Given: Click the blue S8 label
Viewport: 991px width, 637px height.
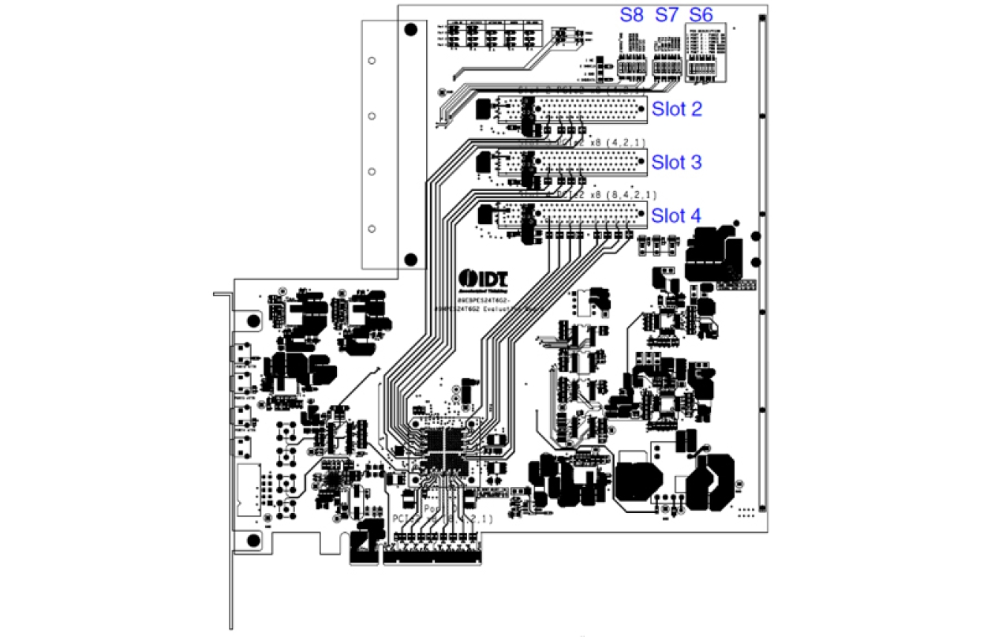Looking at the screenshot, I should point(631,15).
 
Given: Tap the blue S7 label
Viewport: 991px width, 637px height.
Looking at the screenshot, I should point(668,15).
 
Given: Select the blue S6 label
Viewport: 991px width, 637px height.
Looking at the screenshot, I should point(701,15).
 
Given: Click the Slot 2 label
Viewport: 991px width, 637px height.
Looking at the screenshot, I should point(676,109).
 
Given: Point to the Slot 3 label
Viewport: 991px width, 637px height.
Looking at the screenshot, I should point(676,163).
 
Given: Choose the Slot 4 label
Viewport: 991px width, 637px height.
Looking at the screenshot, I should point(676,215).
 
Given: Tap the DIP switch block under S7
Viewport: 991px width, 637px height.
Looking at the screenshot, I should point(668,69).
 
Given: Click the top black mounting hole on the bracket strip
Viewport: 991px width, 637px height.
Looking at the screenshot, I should point(410,31).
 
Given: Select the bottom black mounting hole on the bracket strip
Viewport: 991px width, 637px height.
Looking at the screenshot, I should point(410,259).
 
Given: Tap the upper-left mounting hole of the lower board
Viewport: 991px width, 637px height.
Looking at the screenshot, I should point(253,321).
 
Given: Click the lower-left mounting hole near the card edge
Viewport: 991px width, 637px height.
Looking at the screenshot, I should point(253,540).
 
